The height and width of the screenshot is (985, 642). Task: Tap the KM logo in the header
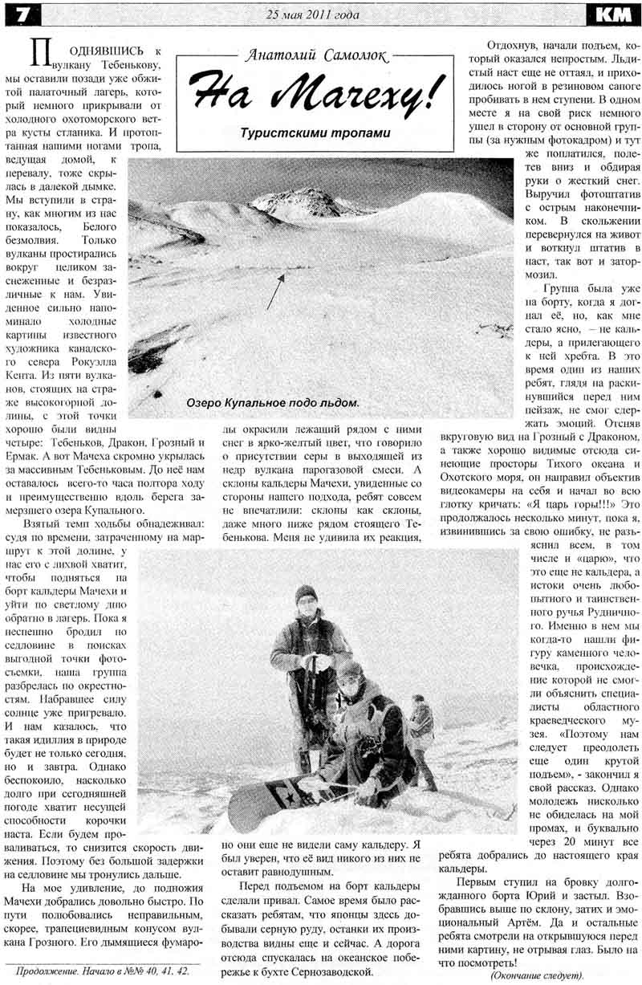tap(615, 14)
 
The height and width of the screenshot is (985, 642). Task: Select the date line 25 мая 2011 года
tap(313, 14)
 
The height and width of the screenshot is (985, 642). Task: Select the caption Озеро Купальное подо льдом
tap(272, 402)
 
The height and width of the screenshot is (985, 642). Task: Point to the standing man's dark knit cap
tap(305, 593)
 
